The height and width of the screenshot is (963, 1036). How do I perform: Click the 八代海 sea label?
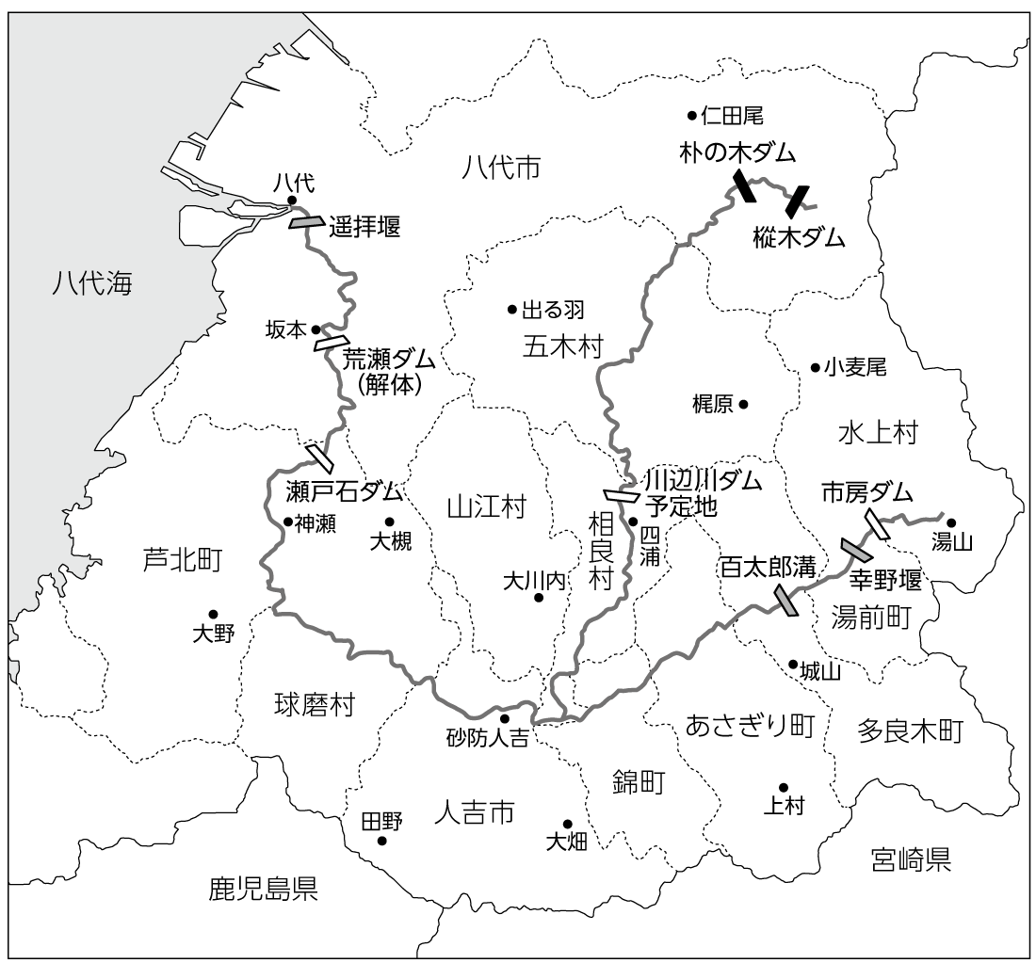click(92, 282)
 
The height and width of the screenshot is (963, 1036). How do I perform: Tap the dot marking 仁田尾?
click(692, 116)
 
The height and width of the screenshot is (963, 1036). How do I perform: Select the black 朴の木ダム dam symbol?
click(743, 185)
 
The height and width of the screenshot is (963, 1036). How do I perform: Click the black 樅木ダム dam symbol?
click(798, 201)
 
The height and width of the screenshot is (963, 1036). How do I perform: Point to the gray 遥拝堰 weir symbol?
click(306, 222)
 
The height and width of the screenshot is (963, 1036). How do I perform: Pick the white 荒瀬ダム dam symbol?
click(332, 343)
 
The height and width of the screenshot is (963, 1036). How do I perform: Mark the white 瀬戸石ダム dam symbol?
click(319, 457)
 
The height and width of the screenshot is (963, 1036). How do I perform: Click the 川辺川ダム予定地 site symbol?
click(622, 494)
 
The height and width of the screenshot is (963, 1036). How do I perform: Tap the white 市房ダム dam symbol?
click(877, 524)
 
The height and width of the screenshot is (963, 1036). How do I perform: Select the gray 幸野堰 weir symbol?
click(855, 549)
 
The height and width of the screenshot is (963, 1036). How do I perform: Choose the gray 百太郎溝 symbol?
click(785, 601)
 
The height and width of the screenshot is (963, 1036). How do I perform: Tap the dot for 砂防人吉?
click(504, 718)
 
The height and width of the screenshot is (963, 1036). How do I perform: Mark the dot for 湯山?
click(951, 523)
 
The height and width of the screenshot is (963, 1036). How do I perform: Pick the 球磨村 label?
click(315, 704)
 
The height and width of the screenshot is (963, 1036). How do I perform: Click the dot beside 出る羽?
click(512, 309)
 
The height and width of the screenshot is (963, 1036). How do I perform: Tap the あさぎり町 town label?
click(749, 725)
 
